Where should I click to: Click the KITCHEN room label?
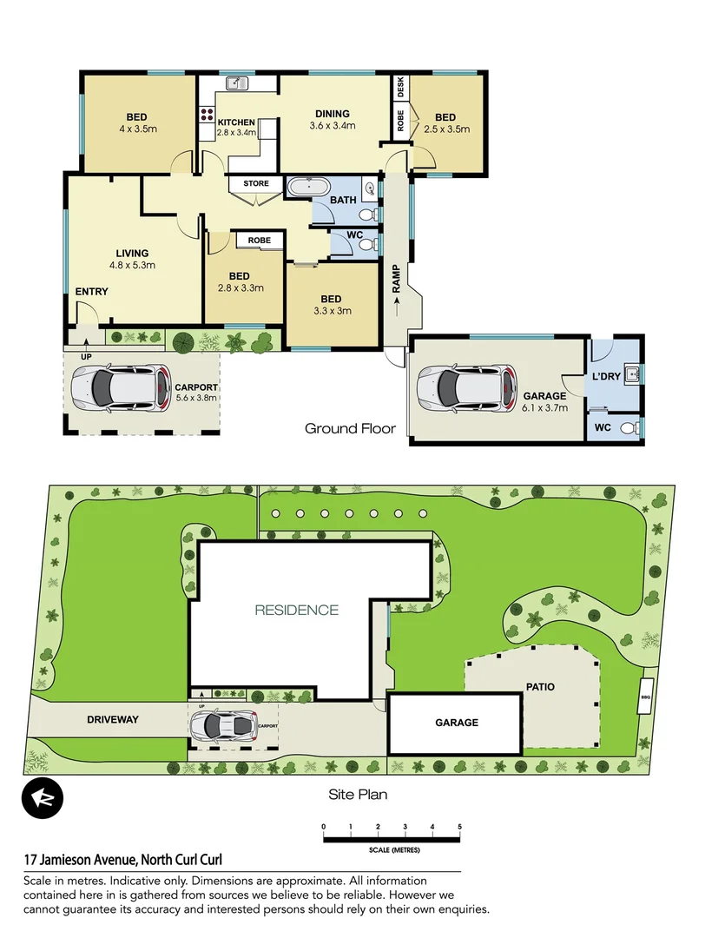click(x=236, y=122)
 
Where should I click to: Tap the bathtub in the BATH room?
click(x=308, y=187)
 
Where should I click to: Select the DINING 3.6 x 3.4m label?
click(x=333, y=119)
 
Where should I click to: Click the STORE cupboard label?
click(x=256, y=184)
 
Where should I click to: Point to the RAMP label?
click(x=395, y=277)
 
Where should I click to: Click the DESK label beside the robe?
click(x=400, y=87)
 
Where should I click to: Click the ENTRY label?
click(x=91, y=292)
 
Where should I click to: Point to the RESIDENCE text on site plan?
click(x=296, y=610)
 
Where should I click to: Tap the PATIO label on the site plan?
click(x=540, y=687)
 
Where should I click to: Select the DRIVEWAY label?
click(x=113, y=719)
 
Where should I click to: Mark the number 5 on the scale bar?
click(x=459, y=826)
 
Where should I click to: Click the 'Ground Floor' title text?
click(x=350, y=428)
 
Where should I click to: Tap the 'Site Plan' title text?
click(x=358, y=794)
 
